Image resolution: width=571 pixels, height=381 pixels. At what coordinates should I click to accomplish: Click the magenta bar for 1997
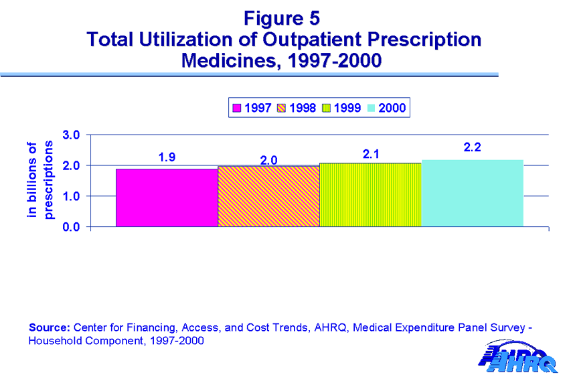coord(167,198)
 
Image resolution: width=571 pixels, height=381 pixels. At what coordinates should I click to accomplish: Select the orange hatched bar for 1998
coord(268,196)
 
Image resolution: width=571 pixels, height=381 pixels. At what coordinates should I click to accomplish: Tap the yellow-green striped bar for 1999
coord(370,195)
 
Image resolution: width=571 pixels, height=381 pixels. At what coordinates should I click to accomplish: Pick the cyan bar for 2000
coord(472,194)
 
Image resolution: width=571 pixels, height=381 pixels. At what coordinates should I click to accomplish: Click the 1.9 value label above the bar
coord(167,157)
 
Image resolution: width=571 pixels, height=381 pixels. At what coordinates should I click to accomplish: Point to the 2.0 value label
coord(268,160)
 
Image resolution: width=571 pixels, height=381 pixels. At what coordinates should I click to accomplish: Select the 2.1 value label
coord(370,154)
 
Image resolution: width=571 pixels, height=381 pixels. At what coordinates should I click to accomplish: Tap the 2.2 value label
coord(473,147)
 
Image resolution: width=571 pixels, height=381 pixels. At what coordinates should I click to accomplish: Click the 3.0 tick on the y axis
coord(72,135)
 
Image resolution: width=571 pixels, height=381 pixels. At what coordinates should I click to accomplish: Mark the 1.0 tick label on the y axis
coord(72,196)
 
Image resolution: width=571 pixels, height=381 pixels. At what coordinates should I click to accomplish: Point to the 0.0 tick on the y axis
coord(72,227)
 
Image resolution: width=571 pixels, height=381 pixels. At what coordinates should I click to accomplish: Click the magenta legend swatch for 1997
coord(236,108)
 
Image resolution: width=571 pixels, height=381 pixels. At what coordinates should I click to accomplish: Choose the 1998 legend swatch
coord(281,108)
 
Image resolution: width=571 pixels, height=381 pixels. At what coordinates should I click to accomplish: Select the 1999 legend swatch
coord(326,108)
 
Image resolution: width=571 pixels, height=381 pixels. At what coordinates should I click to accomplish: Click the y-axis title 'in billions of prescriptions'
coord(39,179)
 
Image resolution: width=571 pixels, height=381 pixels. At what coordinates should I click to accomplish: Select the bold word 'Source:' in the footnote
coord(49,328)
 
